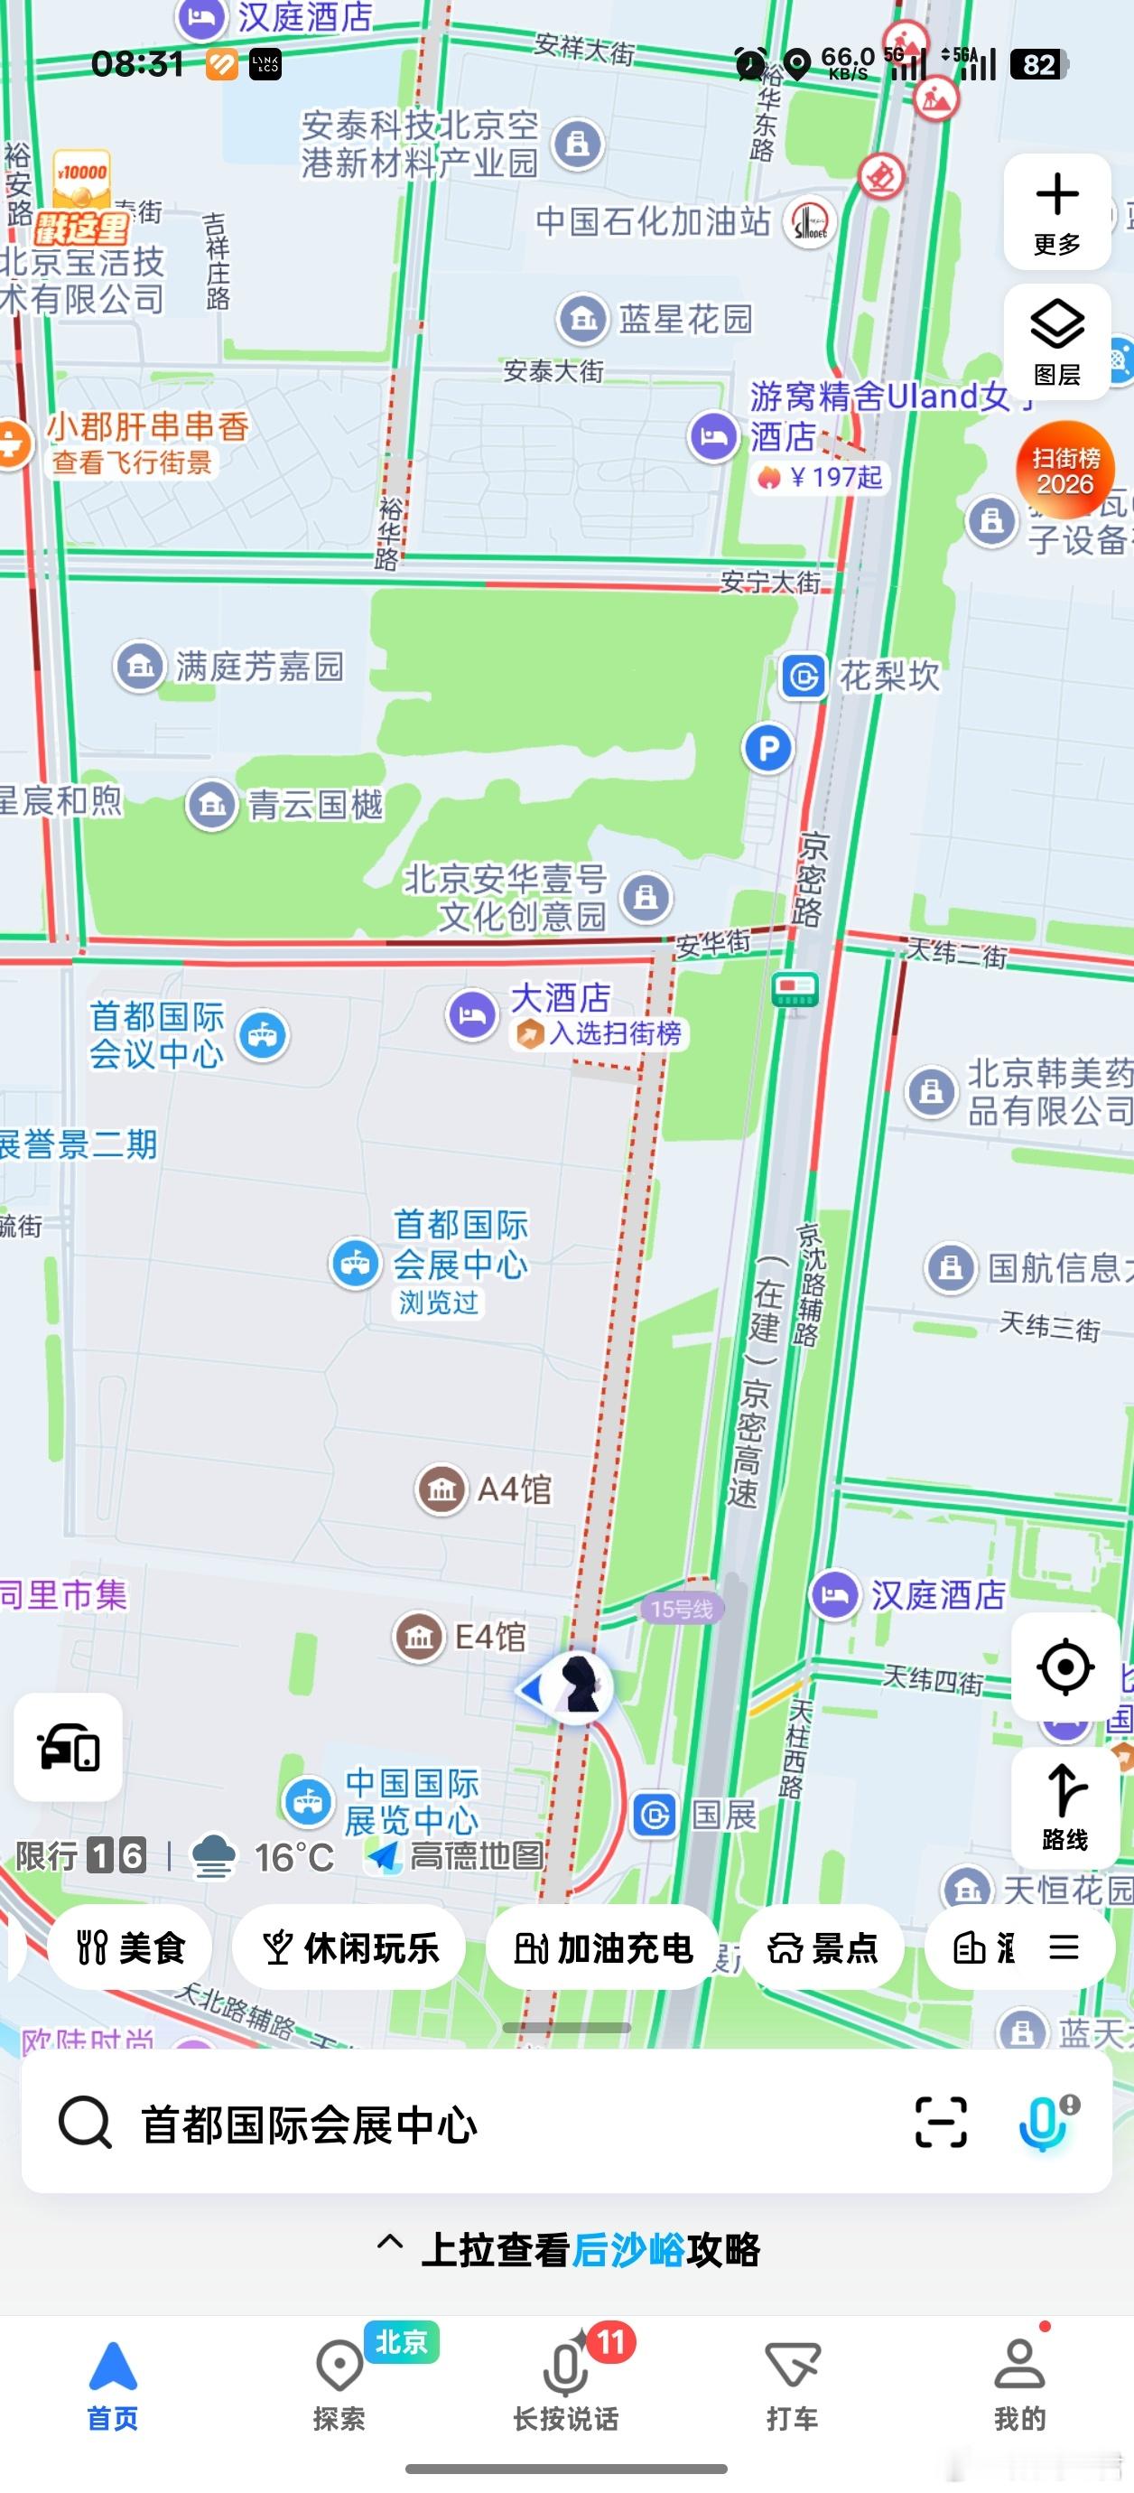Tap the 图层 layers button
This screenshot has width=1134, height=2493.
click(1056, 341)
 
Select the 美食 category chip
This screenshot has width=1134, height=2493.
click(131, 1947)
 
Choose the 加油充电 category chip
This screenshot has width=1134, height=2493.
click(603, 1947)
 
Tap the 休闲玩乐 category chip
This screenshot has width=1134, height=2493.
click(350, 1947)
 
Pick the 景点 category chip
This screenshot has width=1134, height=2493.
click(823, 1947)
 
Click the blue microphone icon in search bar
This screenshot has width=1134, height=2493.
click(1044, 2123)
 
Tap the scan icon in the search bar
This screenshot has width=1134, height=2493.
click(941, 2123)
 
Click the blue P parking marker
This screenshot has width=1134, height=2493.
click(768, 748)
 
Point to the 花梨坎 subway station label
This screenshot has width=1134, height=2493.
click(888, 676)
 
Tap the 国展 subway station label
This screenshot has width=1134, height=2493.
click(724, 1816)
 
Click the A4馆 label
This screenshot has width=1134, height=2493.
click(513, 1489)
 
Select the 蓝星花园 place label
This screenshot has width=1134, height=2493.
click(684, 318)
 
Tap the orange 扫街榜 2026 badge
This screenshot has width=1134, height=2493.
click(1064, 471)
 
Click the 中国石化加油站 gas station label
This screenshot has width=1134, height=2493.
click(653, 221)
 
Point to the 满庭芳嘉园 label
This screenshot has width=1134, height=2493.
click(258, 666)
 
